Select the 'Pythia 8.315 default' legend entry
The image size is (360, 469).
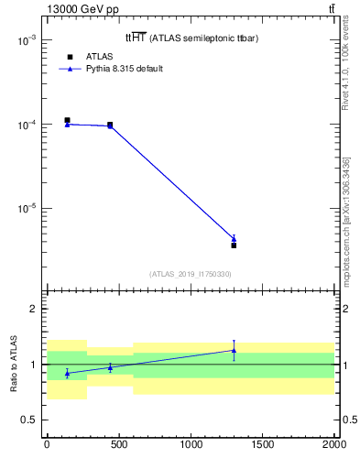point(125,69)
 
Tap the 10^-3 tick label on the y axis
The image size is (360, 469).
point(27,41)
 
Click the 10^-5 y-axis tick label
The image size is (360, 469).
point(27,208)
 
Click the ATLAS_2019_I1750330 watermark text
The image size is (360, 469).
point(191,274)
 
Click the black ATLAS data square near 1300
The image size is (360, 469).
point(234,245)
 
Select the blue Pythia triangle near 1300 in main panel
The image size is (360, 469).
point(234,239)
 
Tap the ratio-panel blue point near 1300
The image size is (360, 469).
point(234,350)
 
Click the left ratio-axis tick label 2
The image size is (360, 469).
point(33,309)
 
